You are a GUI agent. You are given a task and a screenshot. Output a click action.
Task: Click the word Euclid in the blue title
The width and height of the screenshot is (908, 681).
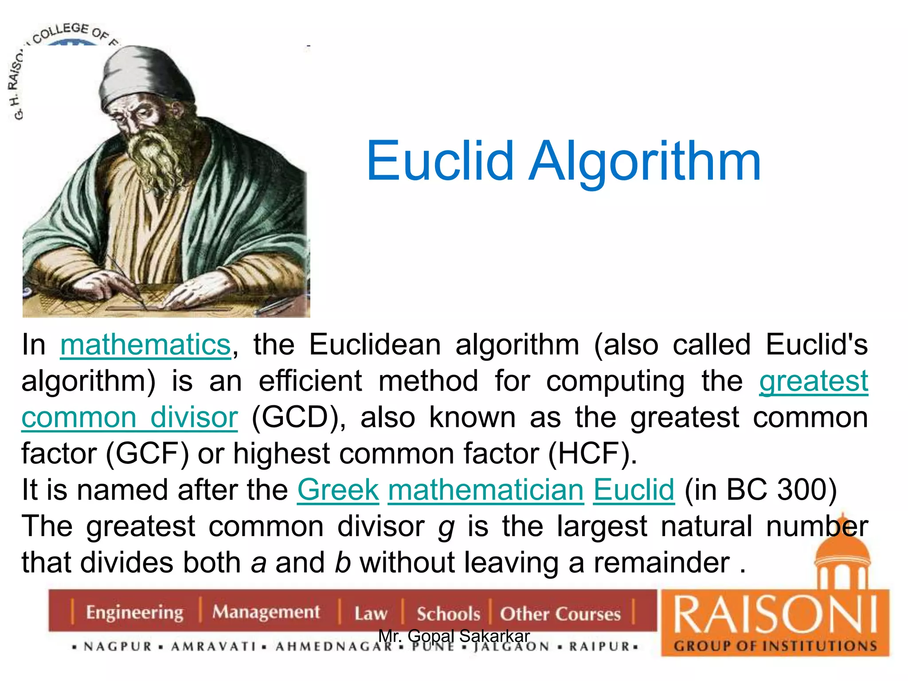click(439, 160)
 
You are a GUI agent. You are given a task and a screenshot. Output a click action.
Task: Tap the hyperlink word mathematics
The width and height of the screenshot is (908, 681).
click(145, 345)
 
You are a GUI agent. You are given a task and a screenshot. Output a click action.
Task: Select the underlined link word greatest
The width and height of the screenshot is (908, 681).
click(814, 381)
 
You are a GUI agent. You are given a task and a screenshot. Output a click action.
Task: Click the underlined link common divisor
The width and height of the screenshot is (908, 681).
click(129, 418)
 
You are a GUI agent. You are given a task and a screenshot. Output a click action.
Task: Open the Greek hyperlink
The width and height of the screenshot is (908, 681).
click(338, 490)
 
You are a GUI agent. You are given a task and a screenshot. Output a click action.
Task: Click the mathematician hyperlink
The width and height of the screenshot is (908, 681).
click(486, 490)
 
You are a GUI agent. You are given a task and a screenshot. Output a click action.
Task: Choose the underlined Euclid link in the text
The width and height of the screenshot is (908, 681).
click(634, 490)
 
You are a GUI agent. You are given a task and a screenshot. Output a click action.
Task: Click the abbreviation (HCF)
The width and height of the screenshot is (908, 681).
click(592, 454)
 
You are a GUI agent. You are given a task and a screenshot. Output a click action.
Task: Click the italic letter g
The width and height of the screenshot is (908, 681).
click(446, 528)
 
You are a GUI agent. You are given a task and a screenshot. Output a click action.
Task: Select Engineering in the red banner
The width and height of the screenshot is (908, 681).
click(134, 612)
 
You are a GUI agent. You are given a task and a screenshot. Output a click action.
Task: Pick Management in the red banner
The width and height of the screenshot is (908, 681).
click(266, 612)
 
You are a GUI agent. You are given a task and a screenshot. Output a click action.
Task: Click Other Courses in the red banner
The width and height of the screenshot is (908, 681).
click(560, 614)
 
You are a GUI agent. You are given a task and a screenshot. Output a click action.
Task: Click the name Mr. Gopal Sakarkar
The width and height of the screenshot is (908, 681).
click(454, 636)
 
